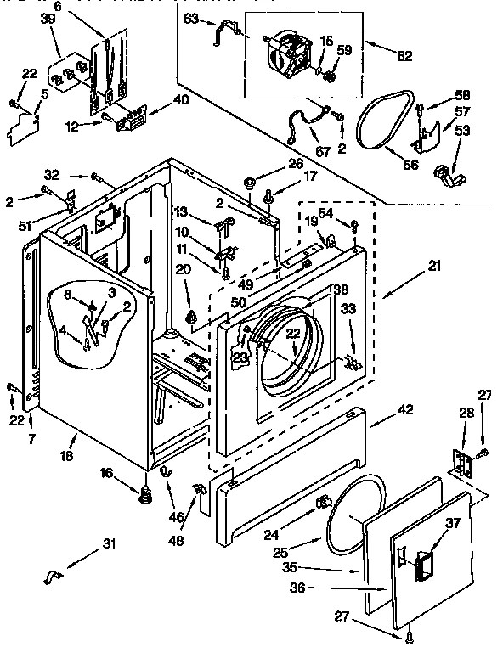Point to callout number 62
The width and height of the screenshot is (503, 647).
coord(404,57)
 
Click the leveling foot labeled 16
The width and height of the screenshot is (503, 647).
coord(144,492)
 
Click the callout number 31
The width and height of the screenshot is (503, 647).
coord(108,544)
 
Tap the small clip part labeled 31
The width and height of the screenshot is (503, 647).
coord(53,578)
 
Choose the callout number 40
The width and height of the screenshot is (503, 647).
coord(179,98)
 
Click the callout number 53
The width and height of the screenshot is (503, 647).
coord(462,130)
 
